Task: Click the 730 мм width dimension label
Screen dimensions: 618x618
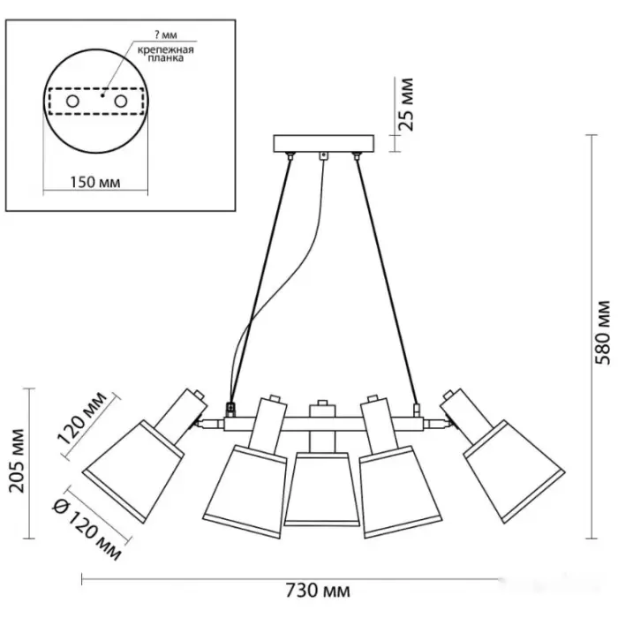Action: (x=317, y=591)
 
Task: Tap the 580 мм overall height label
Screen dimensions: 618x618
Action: (x=602, y=333)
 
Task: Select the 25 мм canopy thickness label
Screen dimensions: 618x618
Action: (x=406, y=104)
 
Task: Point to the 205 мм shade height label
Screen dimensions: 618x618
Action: (x=17, y=461)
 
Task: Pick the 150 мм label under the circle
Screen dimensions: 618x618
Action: (x=95, y=182)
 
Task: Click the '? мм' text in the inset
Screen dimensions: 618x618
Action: (x=165, y=35)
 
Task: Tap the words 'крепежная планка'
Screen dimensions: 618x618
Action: (x=166, y=54)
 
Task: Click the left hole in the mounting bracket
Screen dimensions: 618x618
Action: (x=72, y=102)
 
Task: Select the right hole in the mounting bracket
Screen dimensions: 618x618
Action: (x=121, y=102)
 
